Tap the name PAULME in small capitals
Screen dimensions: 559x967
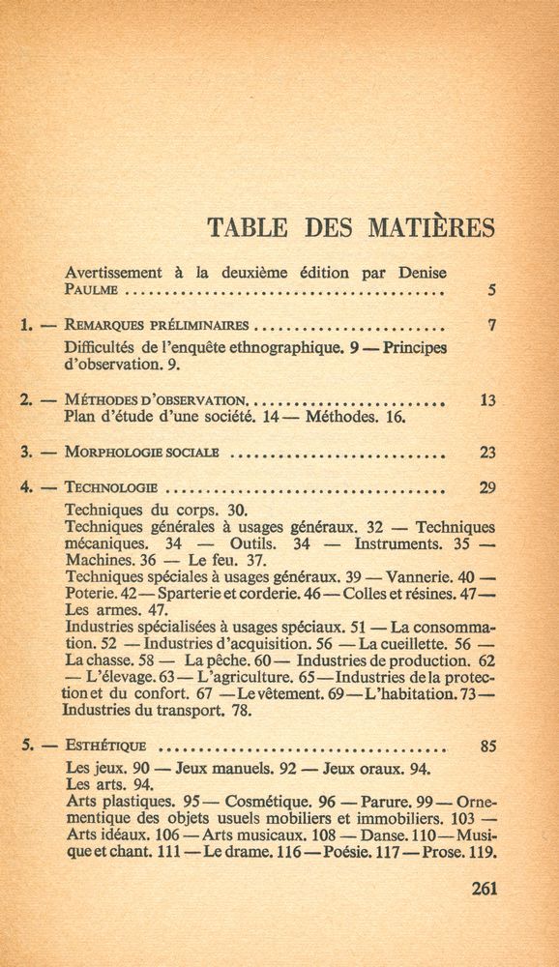[x=92, y=289]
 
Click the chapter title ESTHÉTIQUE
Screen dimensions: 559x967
[x=104, y=746]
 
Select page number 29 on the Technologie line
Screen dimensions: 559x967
[x=487, y=488]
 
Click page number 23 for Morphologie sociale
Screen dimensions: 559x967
[x=487, y=452]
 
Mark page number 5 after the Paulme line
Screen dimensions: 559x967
[x=491, y=289]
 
